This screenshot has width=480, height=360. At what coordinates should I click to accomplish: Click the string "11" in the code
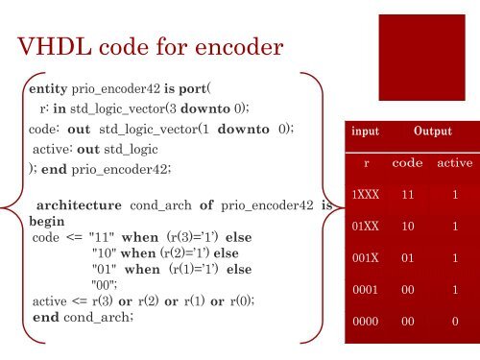tap(101, 236)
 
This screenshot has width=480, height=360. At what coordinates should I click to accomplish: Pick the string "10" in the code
tap(104, 252)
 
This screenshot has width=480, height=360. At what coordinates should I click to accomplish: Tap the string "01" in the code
tap(104, 269)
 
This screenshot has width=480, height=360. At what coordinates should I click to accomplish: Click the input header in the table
tap(364, 131)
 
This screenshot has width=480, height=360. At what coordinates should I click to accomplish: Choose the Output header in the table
tap(433, 131)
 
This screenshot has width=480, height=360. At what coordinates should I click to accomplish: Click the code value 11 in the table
tap(408, 195)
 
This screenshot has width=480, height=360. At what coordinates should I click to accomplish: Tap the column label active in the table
tap(453, 163)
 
